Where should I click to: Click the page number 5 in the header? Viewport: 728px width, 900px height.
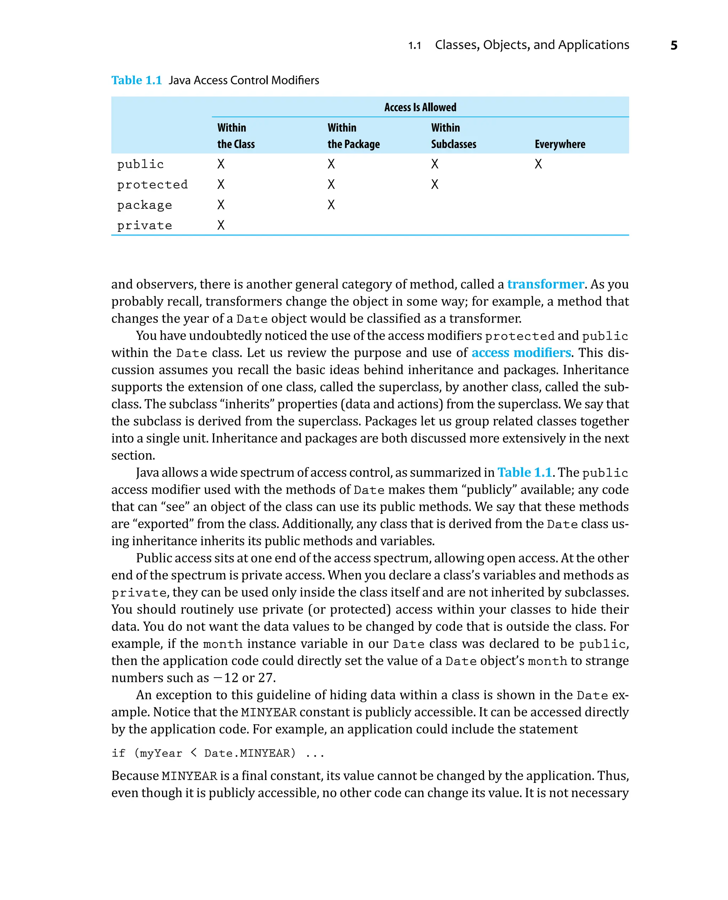coord(674,45)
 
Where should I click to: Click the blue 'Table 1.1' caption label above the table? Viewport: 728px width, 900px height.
coord(136,80)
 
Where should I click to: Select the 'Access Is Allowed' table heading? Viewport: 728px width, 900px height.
coord(420,107)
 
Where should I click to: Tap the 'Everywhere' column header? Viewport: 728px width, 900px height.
coord(560,144)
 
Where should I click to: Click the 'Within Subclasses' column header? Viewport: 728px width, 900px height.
coord(453,136)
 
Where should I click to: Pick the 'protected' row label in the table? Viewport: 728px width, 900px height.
coord(152,184)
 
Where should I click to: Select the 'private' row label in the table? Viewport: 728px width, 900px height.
coord(144,226)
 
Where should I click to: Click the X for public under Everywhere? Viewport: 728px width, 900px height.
coord(538,164)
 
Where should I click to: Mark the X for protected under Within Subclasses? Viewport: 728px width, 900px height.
coord(434,184)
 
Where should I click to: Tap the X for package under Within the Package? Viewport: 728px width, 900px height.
coord(331,205)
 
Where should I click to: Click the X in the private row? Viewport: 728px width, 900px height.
coord(221,226)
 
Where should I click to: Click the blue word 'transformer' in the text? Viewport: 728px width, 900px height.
coord(545,284)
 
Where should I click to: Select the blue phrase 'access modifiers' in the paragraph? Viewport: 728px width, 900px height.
coord(521,353)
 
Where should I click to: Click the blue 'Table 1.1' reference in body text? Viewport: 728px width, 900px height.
coord(524,473)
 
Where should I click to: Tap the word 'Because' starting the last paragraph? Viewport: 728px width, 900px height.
coord(135,776)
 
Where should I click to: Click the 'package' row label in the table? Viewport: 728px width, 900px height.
coord(144,205)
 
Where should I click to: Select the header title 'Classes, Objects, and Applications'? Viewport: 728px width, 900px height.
coord(532,45)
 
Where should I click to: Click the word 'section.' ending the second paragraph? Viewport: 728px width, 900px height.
coord(133,455)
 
